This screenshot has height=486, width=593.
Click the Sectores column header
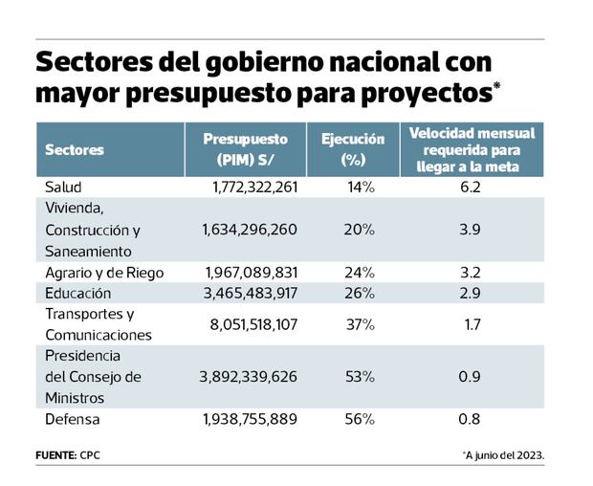point(75,150)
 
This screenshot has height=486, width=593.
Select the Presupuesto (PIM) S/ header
point(246,149)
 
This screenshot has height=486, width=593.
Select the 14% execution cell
point(361,187)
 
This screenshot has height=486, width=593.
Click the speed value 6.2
point(469,187)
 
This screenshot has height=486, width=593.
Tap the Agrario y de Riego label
point(104,273)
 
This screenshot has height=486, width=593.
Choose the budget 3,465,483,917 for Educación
point(250,293)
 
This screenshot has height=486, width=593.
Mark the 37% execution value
point(360,324)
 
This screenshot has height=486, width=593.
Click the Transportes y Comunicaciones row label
point(98,324)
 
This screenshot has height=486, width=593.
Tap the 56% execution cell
point(360,418)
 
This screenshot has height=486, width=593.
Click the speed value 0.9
point(469,377)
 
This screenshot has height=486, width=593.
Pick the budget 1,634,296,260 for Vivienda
point(250,230)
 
